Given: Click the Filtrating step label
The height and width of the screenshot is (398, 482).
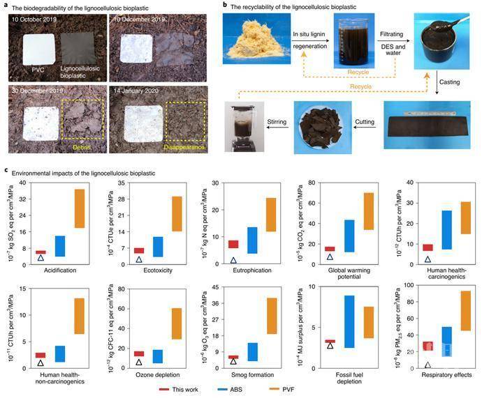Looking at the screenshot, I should [x=395, y=33].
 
